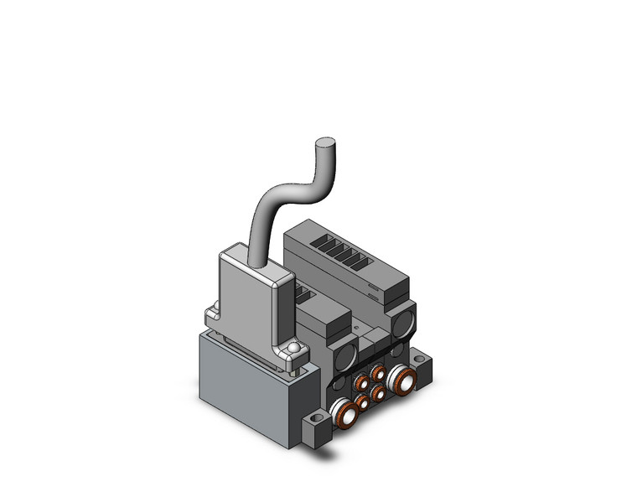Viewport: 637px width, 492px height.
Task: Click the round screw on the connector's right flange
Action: (x=293, y=349)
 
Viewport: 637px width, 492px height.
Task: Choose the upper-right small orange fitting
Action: (x=379, y=372)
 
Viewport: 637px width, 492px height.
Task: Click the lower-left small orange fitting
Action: (x=362, y=402)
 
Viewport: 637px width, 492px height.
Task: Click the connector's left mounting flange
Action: (x=211, y=319)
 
